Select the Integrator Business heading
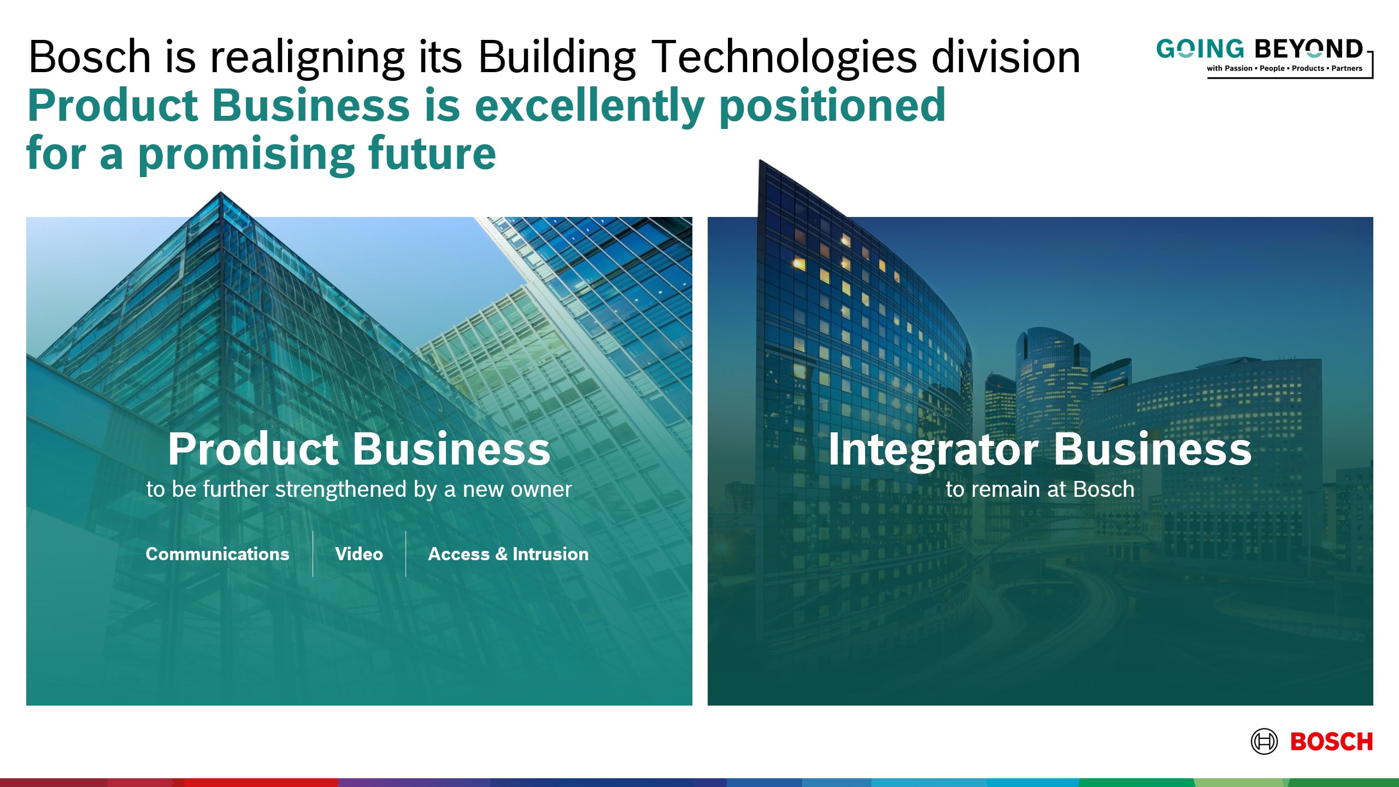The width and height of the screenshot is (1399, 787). coord(1039,449)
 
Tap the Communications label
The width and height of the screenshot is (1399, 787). coord(218,554)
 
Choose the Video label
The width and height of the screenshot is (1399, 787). coord(359,554)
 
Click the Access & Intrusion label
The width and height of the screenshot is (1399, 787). coord(508,554)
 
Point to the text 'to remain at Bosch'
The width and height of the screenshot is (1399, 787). coord(1040,489)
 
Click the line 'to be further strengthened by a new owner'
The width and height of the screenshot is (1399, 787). coord(359,490)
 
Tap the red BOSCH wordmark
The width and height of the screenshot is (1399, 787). coord(1331,742)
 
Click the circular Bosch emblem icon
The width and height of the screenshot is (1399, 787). coord(1264,742)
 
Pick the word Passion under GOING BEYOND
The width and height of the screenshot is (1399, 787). coord(1238,68)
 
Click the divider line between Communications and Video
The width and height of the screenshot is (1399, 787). coord(313,554)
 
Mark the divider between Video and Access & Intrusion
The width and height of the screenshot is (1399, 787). coord(405,554)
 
